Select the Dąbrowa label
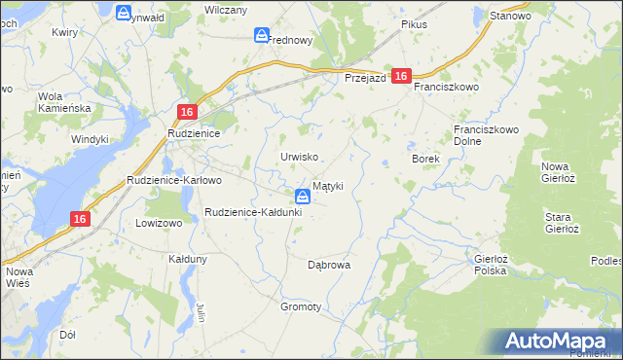coord(328,264)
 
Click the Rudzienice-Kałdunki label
coord(253,211)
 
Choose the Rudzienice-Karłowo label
coord(175,180)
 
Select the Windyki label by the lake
coord(90,139)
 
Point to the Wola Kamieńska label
coord(63,102)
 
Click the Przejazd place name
coord(367,78)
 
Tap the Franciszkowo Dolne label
coord(487,135)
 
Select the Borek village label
coord(426,158)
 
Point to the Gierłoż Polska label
coord(490,265)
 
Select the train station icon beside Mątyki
coord(303,196)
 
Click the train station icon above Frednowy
coord(262,36)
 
